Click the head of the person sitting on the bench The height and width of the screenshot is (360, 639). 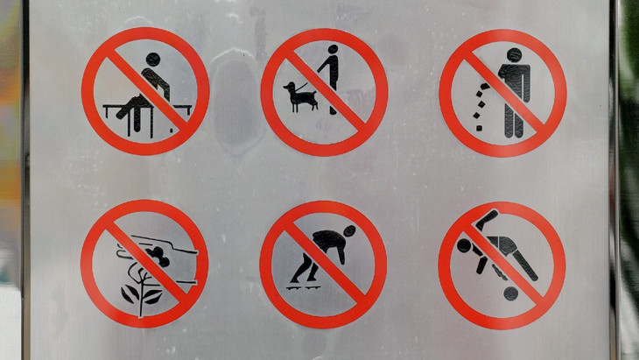[154, 60]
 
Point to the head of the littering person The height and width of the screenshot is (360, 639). [514, 54]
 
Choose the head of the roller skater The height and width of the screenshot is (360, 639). [349, 232]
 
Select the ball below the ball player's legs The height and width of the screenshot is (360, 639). [509, 293]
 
